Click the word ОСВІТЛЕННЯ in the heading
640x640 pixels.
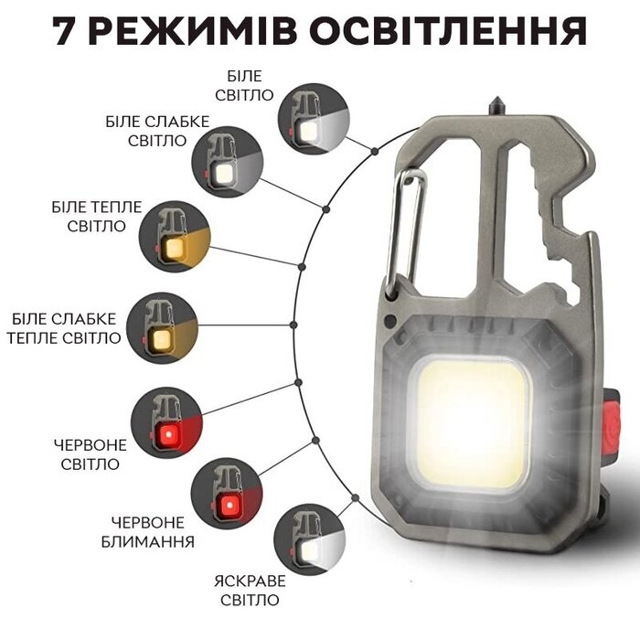(x=452, y=31)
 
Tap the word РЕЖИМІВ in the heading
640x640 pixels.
(x=193, y=31)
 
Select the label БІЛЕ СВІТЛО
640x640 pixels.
(x=244, y=86)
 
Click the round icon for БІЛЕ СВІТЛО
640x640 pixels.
(x=314, y=119)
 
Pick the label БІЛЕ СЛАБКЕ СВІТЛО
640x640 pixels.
(x=157, y=131)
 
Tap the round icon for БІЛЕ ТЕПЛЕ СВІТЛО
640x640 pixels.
(x=176, y=236)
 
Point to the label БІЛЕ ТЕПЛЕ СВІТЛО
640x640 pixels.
(x=97, y=217)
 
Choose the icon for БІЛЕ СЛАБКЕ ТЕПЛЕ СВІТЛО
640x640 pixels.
(x=162, y=327)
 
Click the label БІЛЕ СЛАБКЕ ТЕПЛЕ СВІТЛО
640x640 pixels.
(x=64, y=328)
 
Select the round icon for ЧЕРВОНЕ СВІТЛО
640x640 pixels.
(x=167, y=422)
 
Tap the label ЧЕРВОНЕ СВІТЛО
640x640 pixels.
(x=91, y=454)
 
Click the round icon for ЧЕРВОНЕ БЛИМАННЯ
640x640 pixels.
(x=227, y=494)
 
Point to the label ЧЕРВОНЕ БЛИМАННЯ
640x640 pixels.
(x=148, y=532)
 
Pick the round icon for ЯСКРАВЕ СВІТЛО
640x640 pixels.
(x=309, y=540)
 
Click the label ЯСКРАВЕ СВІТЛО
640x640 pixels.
(x=250, y=591)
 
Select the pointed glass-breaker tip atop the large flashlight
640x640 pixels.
(x=496, y=105)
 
